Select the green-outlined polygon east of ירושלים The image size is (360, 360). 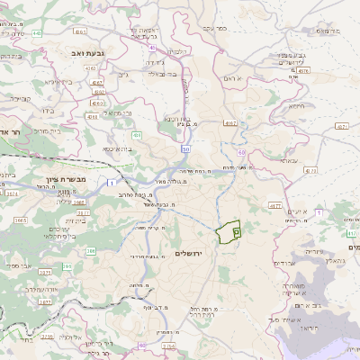tap(231, 231)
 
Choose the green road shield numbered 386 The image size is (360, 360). tap(67, 268)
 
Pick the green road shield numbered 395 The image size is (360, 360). tap(92, 250)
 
